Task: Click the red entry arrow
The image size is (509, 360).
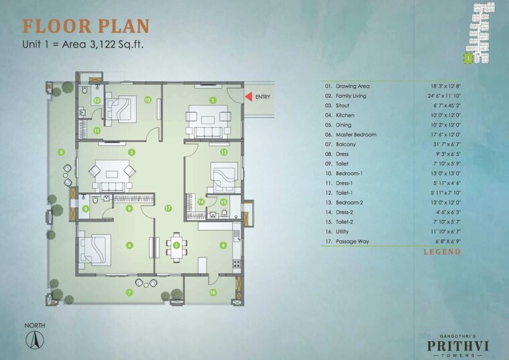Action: click(248, 97)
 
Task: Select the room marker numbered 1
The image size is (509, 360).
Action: click(213, 100)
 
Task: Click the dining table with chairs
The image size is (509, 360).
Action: click(177, 245)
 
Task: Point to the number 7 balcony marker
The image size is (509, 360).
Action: click(130, 292)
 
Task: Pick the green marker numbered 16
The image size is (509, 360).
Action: click(212, 292)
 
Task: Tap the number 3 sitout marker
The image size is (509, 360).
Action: click(61, 152)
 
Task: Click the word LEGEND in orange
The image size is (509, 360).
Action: click(441, 252)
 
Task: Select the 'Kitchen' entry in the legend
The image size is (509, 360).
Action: click(353, 115)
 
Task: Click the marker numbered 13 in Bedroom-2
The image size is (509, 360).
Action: click(224, 152)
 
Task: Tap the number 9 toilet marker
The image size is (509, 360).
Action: click(86, 208)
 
